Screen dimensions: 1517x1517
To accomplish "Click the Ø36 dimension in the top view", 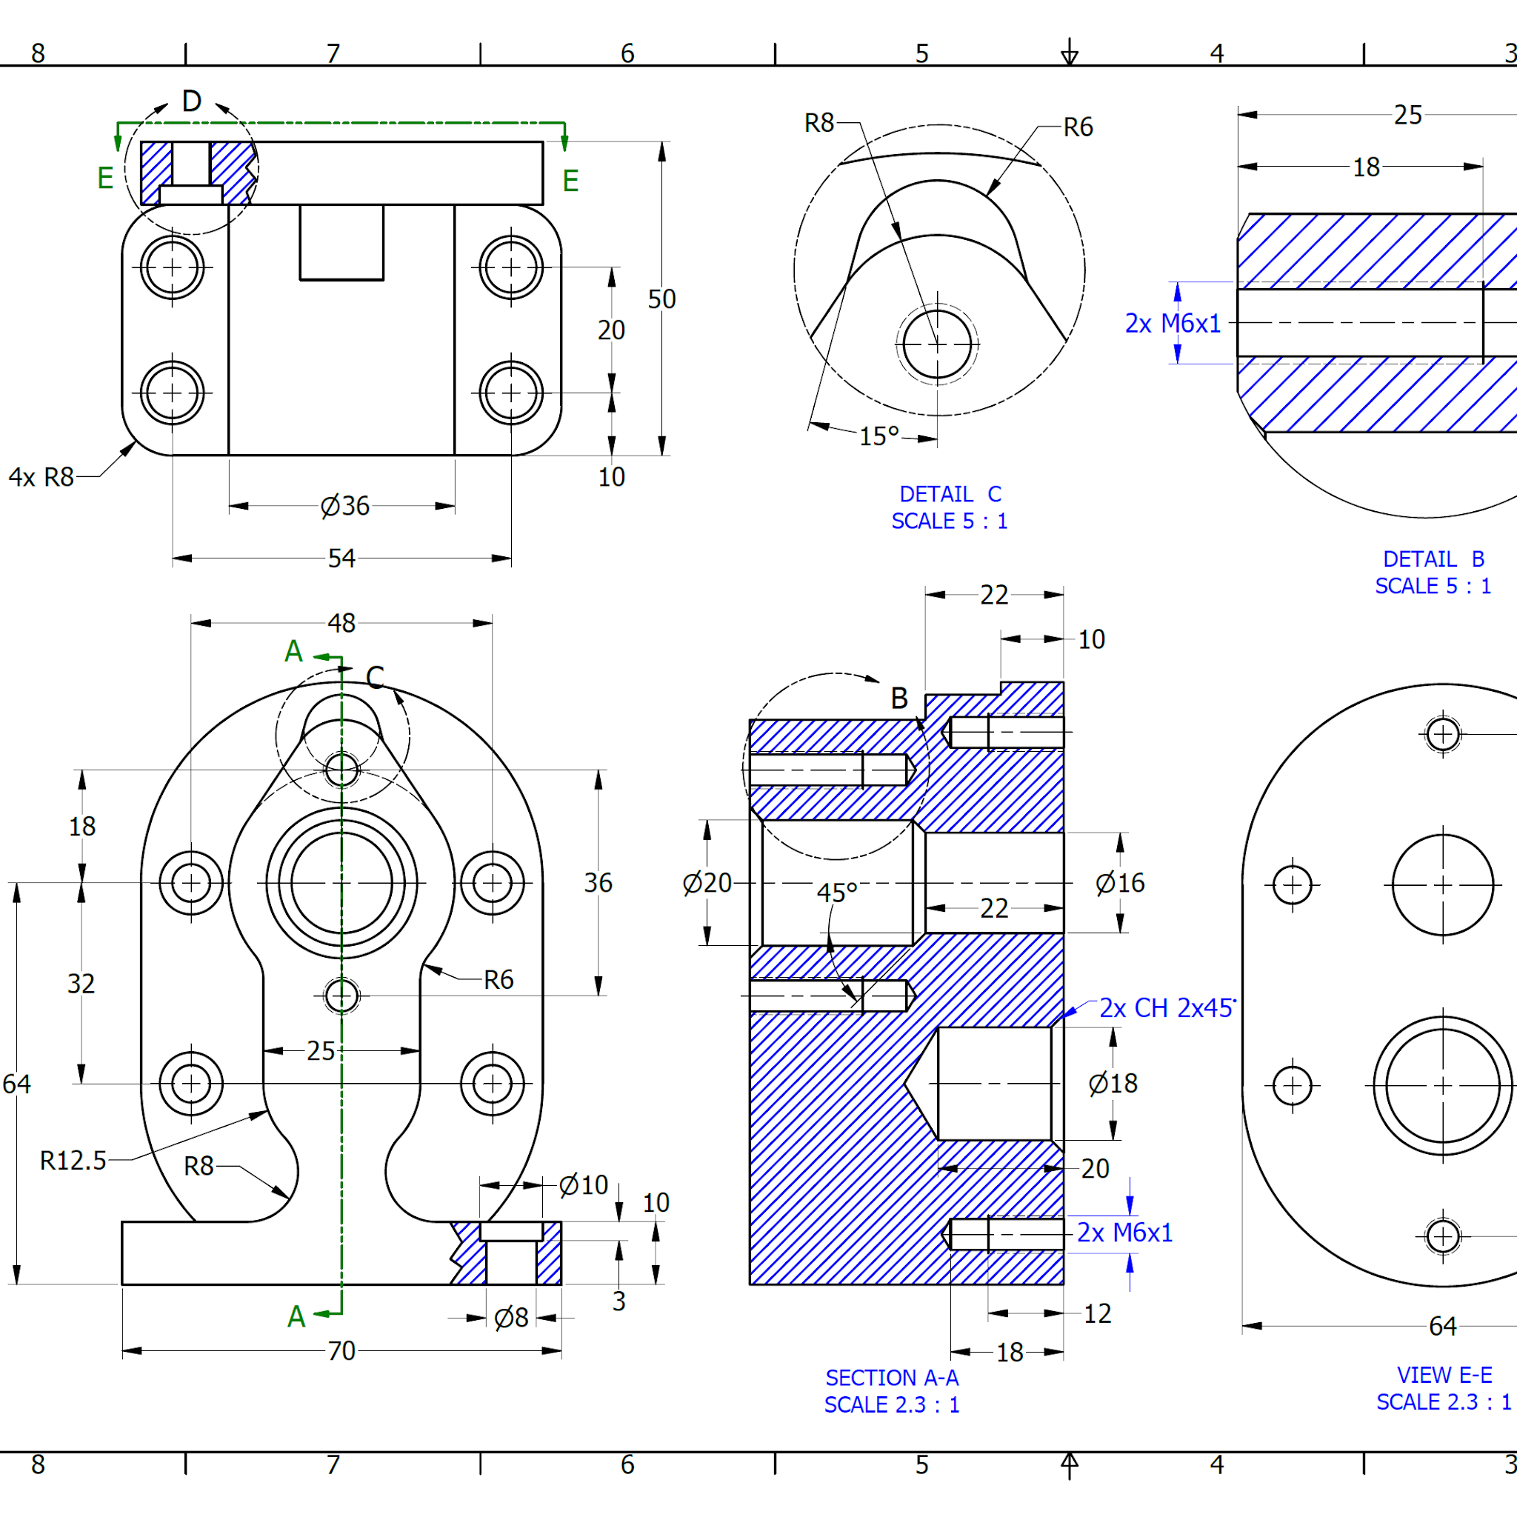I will coord(344,507).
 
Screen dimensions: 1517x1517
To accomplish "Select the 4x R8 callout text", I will coord(41,476).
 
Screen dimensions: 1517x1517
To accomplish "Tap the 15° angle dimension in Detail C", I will coord(878,436).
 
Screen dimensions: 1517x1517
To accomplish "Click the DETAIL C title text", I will coord(950,494).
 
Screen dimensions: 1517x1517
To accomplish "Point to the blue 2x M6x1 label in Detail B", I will coord(1173,324).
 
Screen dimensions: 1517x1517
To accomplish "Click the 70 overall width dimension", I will coord(341,1350).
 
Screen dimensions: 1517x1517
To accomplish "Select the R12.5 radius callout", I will coord(73,1161).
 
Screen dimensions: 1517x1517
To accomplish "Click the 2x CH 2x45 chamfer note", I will coord(1167,1008).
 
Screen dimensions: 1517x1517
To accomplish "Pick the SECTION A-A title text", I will coord(892,1378).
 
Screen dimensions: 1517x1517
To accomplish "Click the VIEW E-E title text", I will coord(1444,1375).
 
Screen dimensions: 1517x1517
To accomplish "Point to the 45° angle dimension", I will coord(837,893).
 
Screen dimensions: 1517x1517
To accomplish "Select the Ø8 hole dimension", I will coord(511,1318).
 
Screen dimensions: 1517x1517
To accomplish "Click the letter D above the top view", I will coord(192,101).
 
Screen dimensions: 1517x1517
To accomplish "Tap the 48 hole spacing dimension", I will coord(341,623).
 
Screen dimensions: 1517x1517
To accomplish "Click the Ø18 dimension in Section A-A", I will coord(1113,1084).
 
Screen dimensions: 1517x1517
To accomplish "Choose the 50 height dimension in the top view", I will coord(661,299).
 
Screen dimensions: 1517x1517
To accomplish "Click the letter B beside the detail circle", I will coord(899,698).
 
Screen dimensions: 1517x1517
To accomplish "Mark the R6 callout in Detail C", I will coord(1077,127).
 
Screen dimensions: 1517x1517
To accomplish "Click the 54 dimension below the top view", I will coord(341,559).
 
